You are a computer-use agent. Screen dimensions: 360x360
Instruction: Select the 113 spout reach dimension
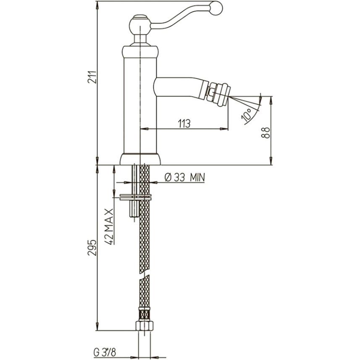(184, 124)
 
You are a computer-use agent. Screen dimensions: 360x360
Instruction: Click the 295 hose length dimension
(92, 248)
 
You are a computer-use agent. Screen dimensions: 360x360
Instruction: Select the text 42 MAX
(109, 226)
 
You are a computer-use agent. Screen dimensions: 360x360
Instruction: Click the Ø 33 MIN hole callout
(184, 177)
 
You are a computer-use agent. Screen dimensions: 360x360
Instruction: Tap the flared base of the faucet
(140, 159)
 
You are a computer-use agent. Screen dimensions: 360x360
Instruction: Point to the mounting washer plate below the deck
(136, 197)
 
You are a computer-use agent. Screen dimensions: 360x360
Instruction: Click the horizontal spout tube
(179, 87)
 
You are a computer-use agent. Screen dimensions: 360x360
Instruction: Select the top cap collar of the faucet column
(140, 51)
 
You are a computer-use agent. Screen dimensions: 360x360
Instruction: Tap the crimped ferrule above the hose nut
(145, 314)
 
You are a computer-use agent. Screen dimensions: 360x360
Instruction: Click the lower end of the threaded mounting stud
(134, 216)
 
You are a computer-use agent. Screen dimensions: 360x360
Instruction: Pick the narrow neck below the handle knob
(140, 39)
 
